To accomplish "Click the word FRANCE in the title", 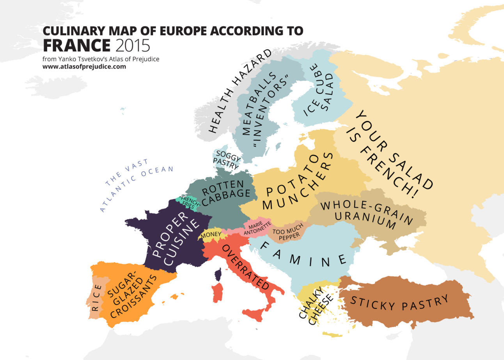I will (77, 46).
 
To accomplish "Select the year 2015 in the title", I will (133, 46).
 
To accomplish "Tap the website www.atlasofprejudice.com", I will (84, 66).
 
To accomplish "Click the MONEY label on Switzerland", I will (211, 235).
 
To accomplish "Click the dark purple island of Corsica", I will (218, 275).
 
